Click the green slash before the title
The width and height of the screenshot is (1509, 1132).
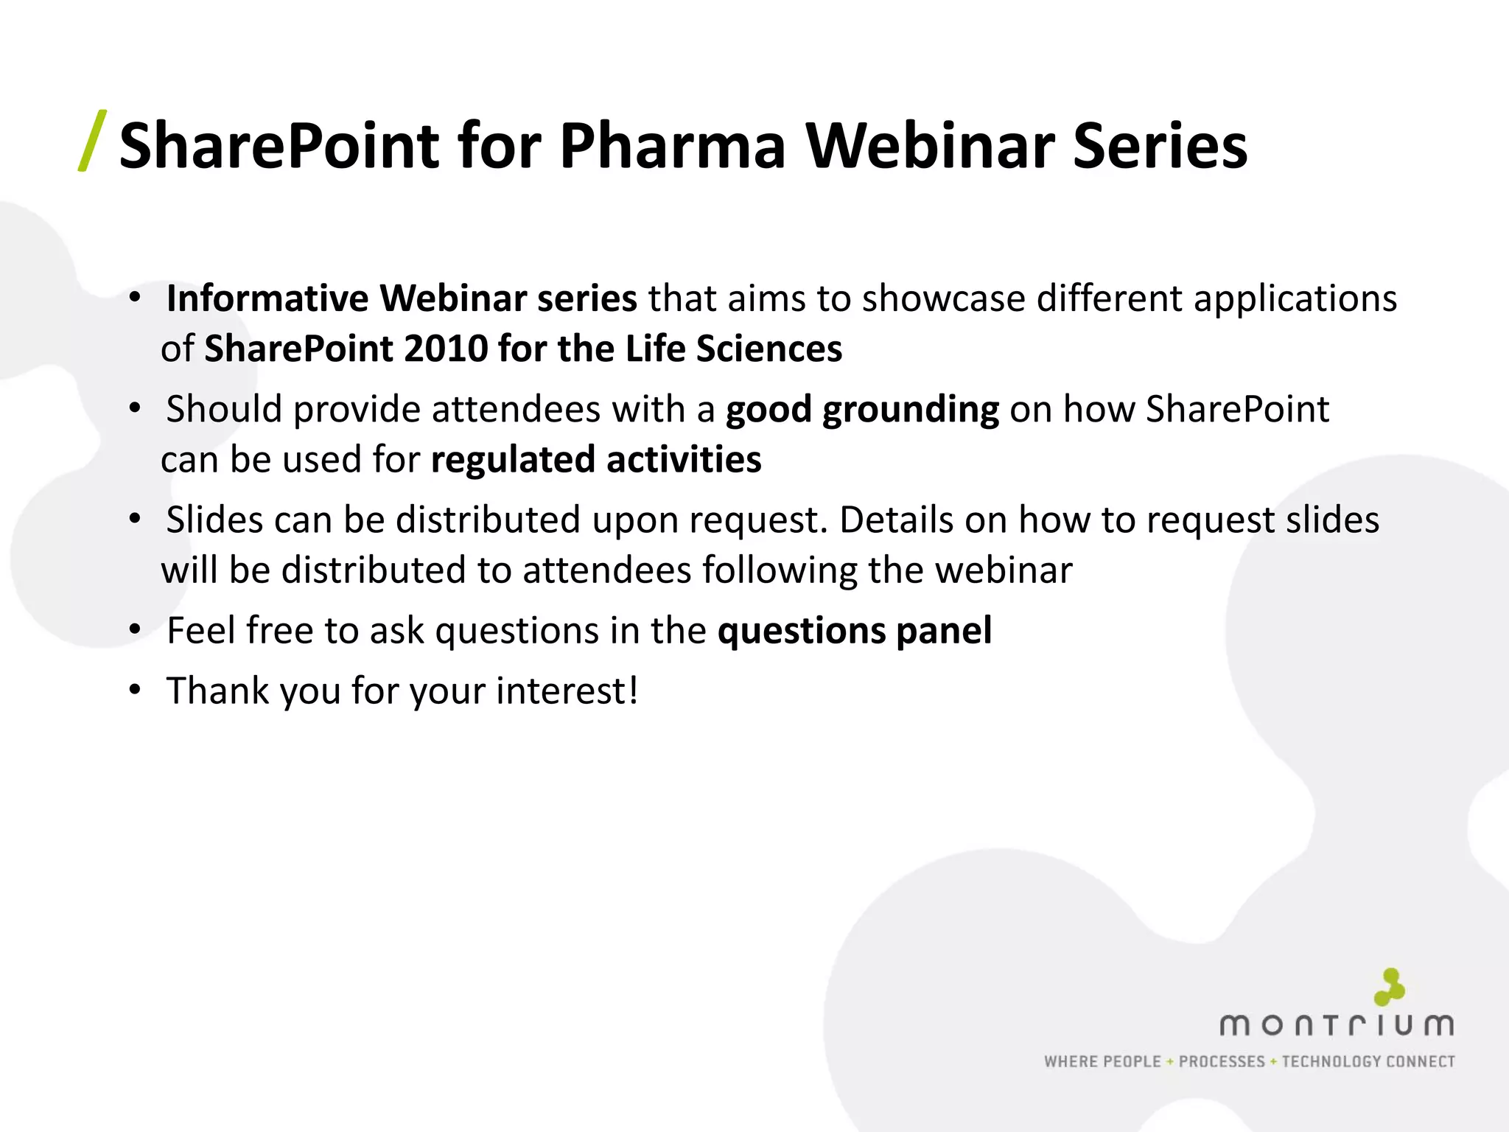pos(93,141)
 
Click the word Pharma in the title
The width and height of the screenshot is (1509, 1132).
pos(672,146)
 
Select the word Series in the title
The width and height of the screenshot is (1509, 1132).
pos(1160,146)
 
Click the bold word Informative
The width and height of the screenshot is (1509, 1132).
pos(267,298)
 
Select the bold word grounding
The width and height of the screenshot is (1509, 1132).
pos(911,410)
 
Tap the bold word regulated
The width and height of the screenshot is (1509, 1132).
pos(512,460)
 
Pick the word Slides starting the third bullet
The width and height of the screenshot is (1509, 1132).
pos(214,520)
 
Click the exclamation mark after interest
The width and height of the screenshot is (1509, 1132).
pos(632,691)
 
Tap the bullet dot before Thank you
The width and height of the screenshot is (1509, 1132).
pos(134,691)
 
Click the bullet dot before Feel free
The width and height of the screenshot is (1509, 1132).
pos(134,630)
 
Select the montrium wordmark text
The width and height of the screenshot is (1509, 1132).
pos(1337,1025)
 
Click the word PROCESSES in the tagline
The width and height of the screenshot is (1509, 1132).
pos(1222,1061)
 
